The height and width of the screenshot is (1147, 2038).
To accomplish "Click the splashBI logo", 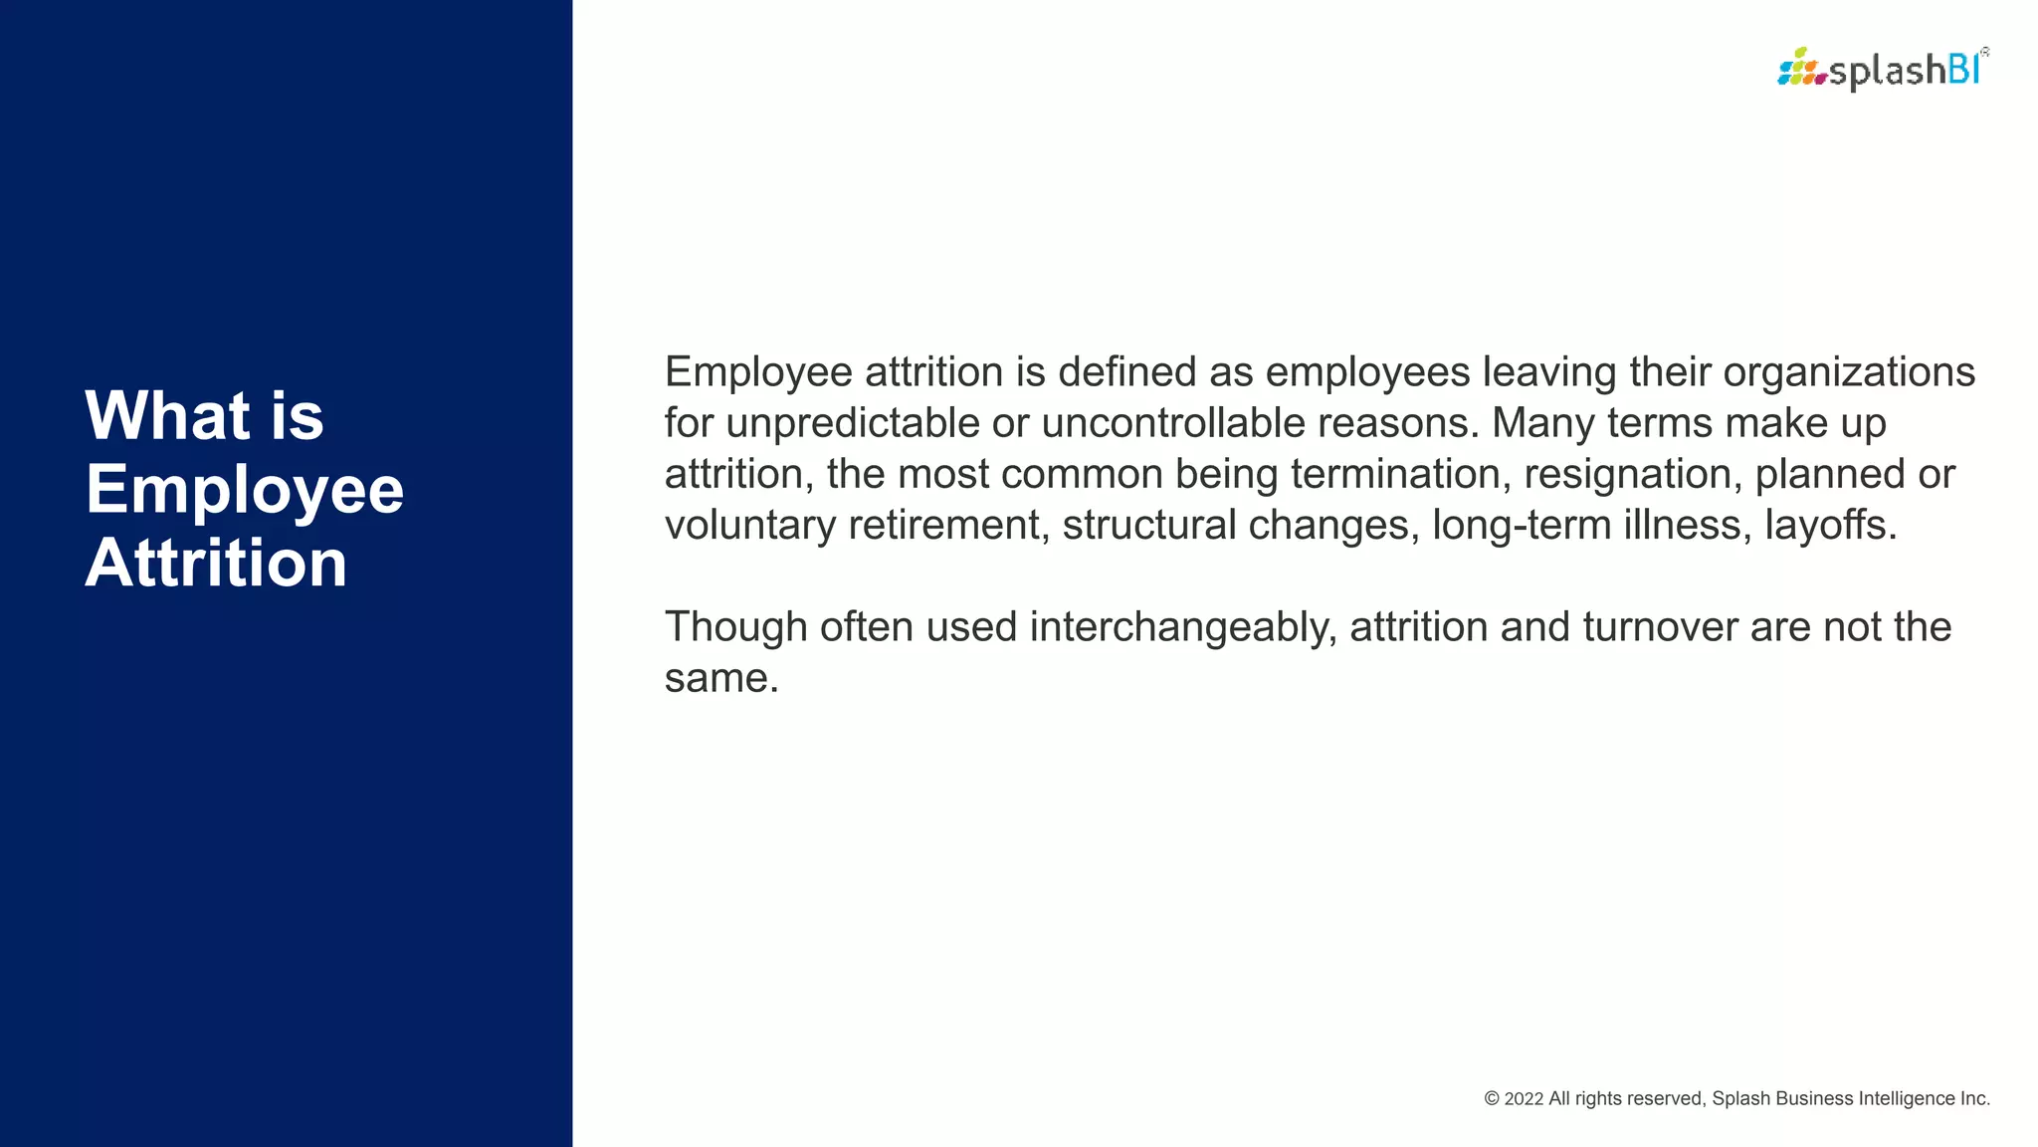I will [x=1882, y=69].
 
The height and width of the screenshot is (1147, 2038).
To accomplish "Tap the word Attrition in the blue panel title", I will [x=216, y=564].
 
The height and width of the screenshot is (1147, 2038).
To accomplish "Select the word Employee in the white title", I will [x=245, y=490].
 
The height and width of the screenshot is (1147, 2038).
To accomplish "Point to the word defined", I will [x=1127, y=372].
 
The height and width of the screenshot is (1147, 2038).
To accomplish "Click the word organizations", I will [x=1849, y=372].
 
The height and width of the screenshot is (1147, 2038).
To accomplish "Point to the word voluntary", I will [x=750, y=526].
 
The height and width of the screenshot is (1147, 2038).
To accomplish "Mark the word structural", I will [x=1149, y=526].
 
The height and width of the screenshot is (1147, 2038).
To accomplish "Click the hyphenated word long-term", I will [x=1522, y=526].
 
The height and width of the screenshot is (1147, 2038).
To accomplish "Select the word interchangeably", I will [x=1183, y=627].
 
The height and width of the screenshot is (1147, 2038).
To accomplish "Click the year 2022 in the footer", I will [x=1524, y=1099].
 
